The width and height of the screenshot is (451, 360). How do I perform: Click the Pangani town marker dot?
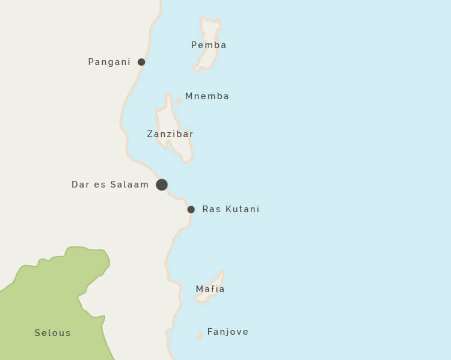(141, 62)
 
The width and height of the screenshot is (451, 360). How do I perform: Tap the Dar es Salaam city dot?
(162, 185)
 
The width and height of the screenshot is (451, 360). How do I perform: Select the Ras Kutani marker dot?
(191, 210)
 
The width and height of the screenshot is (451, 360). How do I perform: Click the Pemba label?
(209, 45)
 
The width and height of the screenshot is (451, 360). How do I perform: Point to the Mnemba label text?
(207, 96)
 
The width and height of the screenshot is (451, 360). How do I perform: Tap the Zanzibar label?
(170, 134)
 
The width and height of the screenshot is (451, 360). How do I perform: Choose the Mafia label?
(210, 289)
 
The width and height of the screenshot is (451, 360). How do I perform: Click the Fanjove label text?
(227, 332)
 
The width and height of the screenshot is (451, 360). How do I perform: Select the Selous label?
(52, 333)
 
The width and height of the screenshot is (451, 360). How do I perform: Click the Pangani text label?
(109, 62)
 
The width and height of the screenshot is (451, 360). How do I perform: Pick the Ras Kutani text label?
(231, 209)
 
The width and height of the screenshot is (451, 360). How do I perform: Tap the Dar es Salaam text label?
(110, 185)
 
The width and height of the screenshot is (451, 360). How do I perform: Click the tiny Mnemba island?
(179, 101)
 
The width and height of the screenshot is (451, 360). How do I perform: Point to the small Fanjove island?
(200, 335)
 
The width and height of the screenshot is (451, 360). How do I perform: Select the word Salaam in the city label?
(129, 185)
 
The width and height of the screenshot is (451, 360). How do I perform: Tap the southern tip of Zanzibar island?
(188, 159)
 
